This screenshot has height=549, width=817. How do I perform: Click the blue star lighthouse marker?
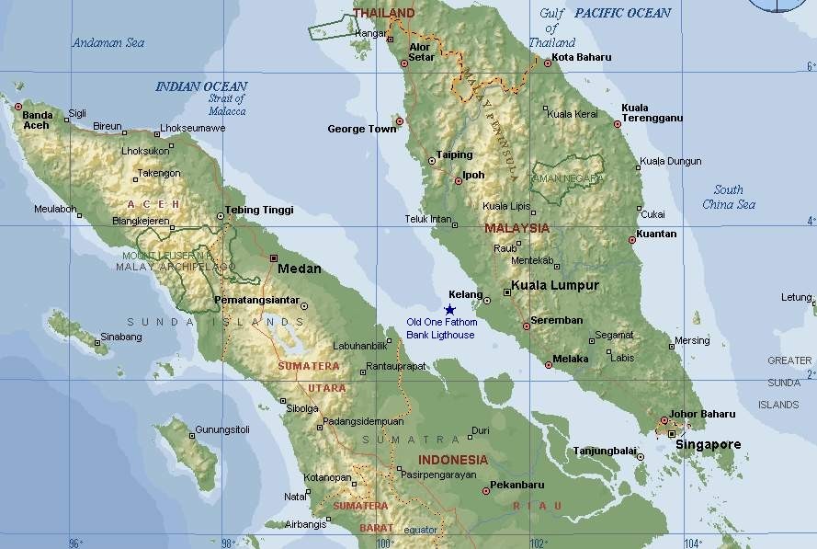pos(449,310)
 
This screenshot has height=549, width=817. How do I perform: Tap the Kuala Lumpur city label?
pos(554,285)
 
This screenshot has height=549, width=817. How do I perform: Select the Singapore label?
pos(708,445)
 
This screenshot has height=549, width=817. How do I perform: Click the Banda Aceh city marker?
pos(17,107)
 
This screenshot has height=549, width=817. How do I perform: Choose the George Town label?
pos(362,130)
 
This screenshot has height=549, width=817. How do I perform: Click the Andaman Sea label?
pos(108,42)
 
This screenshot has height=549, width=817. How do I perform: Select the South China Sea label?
pos(729,197)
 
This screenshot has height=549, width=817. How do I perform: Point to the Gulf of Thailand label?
pos(551,28)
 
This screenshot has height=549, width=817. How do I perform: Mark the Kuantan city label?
pos(656,234)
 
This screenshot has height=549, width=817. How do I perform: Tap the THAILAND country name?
pos(383,13)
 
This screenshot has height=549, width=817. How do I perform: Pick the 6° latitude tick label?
pos(810,67)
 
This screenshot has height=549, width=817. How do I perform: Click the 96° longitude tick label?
pos(77,543)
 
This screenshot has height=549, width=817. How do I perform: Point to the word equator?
pos(421,530)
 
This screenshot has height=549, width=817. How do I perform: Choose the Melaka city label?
pos(571,359)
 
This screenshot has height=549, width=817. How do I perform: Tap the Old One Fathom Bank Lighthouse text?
pos(442,328)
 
